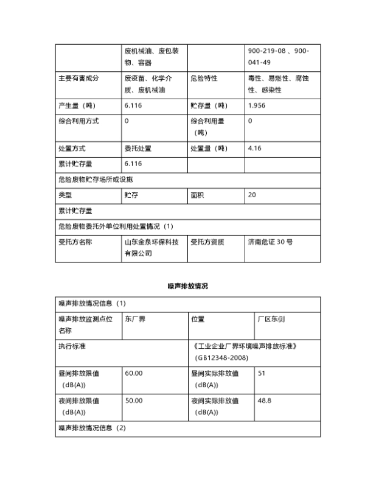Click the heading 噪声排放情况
(187, 286)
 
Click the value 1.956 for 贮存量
(257, 105)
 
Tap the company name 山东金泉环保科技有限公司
(151, 247)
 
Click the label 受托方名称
(75, 242)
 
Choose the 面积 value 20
(252, 195)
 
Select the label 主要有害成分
(78, 79)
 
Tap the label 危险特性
(204, 79)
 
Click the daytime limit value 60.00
(134, 373)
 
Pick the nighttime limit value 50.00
(134, 401)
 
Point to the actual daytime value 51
(262, 373)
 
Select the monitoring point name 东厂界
(135, 318)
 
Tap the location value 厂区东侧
(271, 318)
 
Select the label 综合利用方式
(78, 121)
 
